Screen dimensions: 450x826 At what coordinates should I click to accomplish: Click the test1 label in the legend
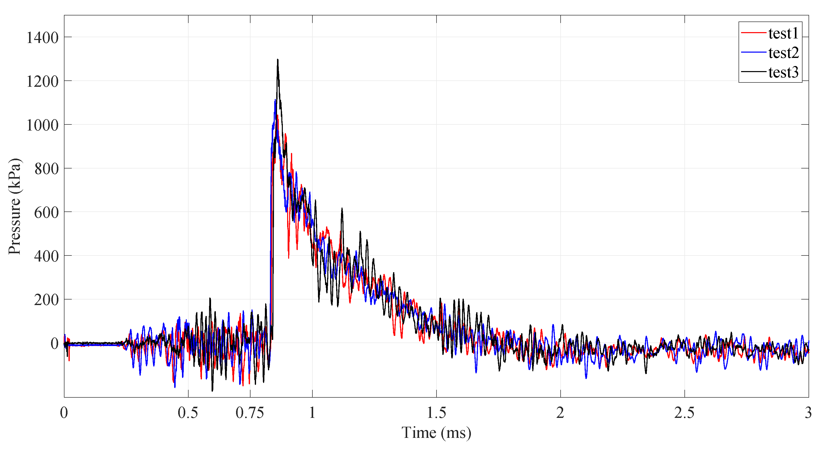pyautogui.click(x=783, y=33)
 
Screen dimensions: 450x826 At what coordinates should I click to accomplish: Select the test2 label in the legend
pyautogui.click(x=783, y=53)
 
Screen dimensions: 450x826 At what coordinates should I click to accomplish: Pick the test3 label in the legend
pyautogui.click(x=783, y=72)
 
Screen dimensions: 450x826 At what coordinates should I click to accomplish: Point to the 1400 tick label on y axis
pyautogui.click(x=42, y=38)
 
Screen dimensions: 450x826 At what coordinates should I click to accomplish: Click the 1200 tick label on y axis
pyautogui.click(x=42, y=81)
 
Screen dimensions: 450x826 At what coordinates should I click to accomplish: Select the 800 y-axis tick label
pyautogui.click(x=47, y=169)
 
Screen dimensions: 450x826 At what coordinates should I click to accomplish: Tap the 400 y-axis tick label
pyautogui.click(x=47, y=256)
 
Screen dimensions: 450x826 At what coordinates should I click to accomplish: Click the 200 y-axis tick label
pyautogui.click(x=47, y=300)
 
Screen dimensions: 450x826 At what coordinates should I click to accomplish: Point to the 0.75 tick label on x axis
pyautogui.click(x=250, y=413)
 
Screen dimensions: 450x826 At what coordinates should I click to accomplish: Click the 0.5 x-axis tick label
pyautogui.click(x=188, y=413)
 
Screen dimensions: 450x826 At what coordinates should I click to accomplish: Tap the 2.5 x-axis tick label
pyautogui.click(x=684, y=413)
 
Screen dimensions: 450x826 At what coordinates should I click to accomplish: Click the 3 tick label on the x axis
pyautogui.click(x=808, y=413)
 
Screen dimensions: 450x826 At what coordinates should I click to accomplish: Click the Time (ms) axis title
pyautogui.click(x=437, y=433)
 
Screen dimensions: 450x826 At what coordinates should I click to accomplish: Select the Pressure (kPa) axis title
pyautogui.click(x=14, y=206)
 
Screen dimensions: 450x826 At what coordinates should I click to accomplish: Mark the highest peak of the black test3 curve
pyautogui.click(x=278, y=60)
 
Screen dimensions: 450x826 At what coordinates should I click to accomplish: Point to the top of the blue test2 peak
pyautogui.click(x=275, y=100)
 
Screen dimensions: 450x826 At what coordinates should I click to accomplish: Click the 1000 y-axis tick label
pyautogui.click(x=42, y=125)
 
